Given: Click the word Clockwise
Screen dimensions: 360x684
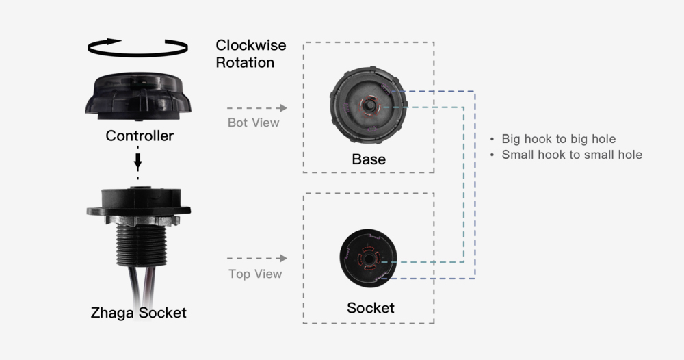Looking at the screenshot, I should [x=250, y=46].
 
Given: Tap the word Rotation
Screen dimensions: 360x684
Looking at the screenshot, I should [x=245, y=63].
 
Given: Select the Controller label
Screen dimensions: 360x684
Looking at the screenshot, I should [x=140, y=136].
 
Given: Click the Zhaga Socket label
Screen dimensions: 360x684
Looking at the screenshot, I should [x=138, y=313].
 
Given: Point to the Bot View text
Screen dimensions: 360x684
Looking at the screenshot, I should [x=253, y=123].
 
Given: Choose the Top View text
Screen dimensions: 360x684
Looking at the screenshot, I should [x=254, y=274].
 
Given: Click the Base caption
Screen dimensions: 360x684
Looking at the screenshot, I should [x=369, y=160].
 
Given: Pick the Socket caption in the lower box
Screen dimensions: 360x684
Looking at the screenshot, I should [x=370, y=309].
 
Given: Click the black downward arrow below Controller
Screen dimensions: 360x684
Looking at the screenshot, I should [x=138, y=162].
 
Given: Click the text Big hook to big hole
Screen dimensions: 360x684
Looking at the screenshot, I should [x=558, y=139].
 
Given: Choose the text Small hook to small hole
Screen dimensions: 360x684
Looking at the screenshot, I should [x=572, y=155].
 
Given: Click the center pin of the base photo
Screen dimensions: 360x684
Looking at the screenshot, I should [x=370, y=107].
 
